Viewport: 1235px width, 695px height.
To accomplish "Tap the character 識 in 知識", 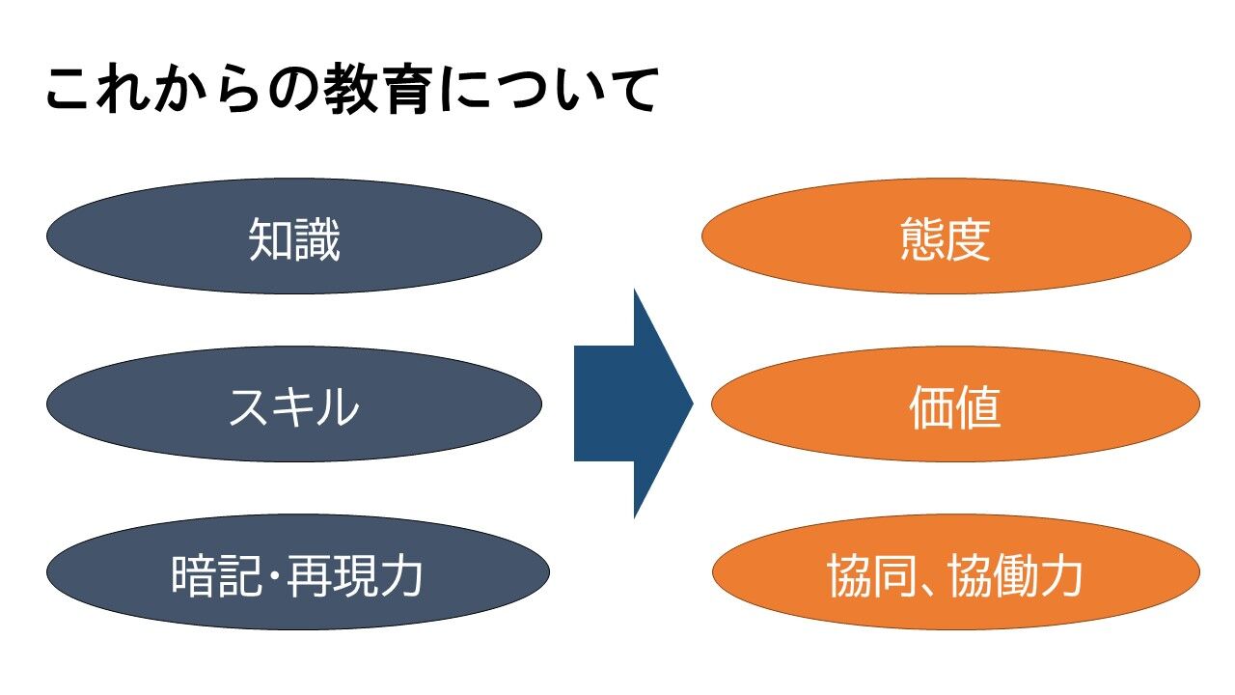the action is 317,240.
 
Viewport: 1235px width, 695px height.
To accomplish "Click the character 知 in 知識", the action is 271,240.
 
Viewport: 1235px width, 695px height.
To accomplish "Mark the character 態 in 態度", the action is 921,240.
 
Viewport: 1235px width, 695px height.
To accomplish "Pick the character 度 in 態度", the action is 968,240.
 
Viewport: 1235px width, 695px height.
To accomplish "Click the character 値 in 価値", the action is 977,408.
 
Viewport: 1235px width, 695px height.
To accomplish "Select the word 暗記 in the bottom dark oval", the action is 216,576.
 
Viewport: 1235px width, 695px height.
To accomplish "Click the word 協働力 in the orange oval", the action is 1014,576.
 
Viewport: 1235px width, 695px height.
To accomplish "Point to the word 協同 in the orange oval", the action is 873,576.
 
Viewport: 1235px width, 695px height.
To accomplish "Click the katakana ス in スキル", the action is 250,408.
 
